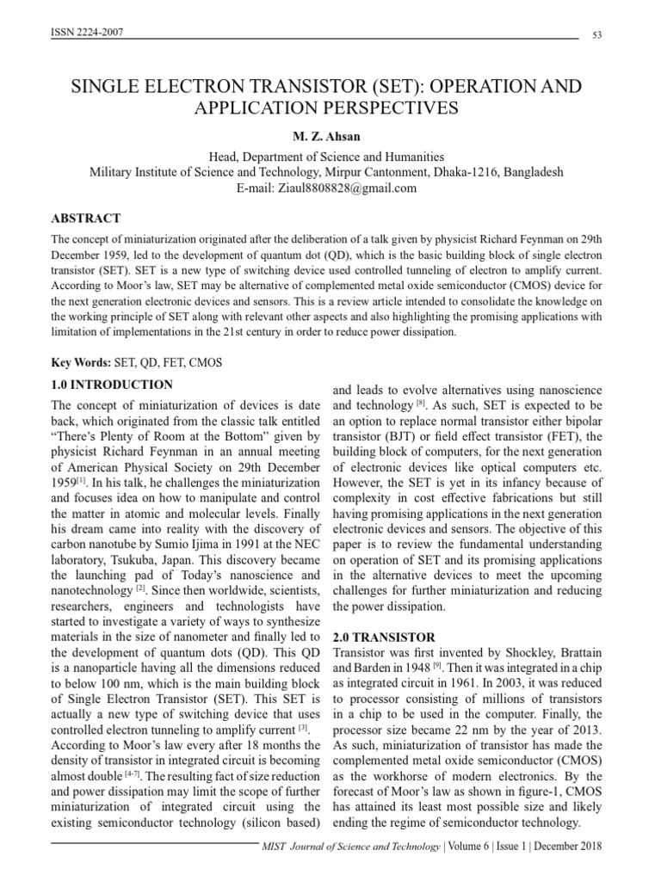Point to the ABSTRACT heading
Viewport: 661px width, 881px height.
(86, 219)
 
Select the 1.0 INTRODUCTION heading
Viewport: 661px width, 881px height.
(112, 385)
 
